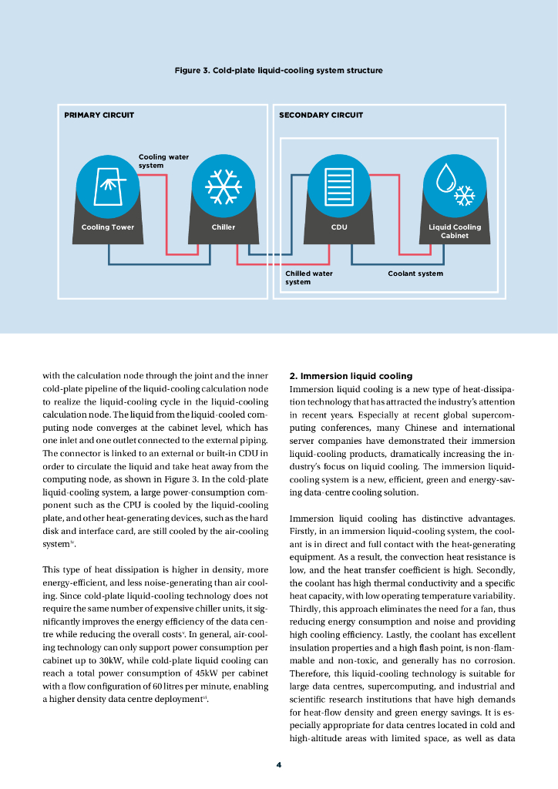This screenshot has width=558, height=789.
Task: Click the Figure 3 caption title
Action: tap(278, 71)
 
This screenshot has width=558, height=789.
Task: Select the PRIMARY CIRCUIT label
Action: tap(99, 116)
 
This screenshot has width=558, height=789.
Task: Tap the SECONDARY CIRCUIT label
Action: tap(321, 116)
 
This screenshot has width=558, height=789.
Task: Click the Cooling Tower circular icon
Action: tap(108, 185)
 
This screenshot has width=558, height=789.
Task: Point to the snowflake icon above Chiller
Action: tap(224, 185)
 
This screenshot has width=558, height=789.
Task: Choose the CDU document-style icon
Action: tap(339, 185)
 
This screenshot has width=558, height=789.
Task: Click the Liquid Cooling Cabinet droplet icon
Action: tap(455, 185)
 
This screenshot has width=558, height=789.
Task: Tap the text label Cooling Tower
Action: tap(108, 227)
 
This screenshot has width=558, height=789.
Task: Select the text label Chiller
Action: tap(224, 227)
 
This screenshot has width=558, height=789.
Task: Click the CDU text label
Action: tap(339, 227)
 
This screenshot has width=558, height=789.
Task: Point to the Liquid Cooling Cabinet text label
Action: tap(455, 231)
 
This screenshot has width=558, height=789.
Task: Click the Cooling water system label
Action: tap(163, 161)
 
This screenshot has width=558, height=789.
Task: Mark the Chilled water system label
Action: tap(308, 277)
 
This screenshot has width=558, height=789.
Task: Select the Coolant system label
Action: tap(415, 274)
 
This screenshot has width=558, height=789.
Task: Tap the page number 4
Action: tap(279, 765)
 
